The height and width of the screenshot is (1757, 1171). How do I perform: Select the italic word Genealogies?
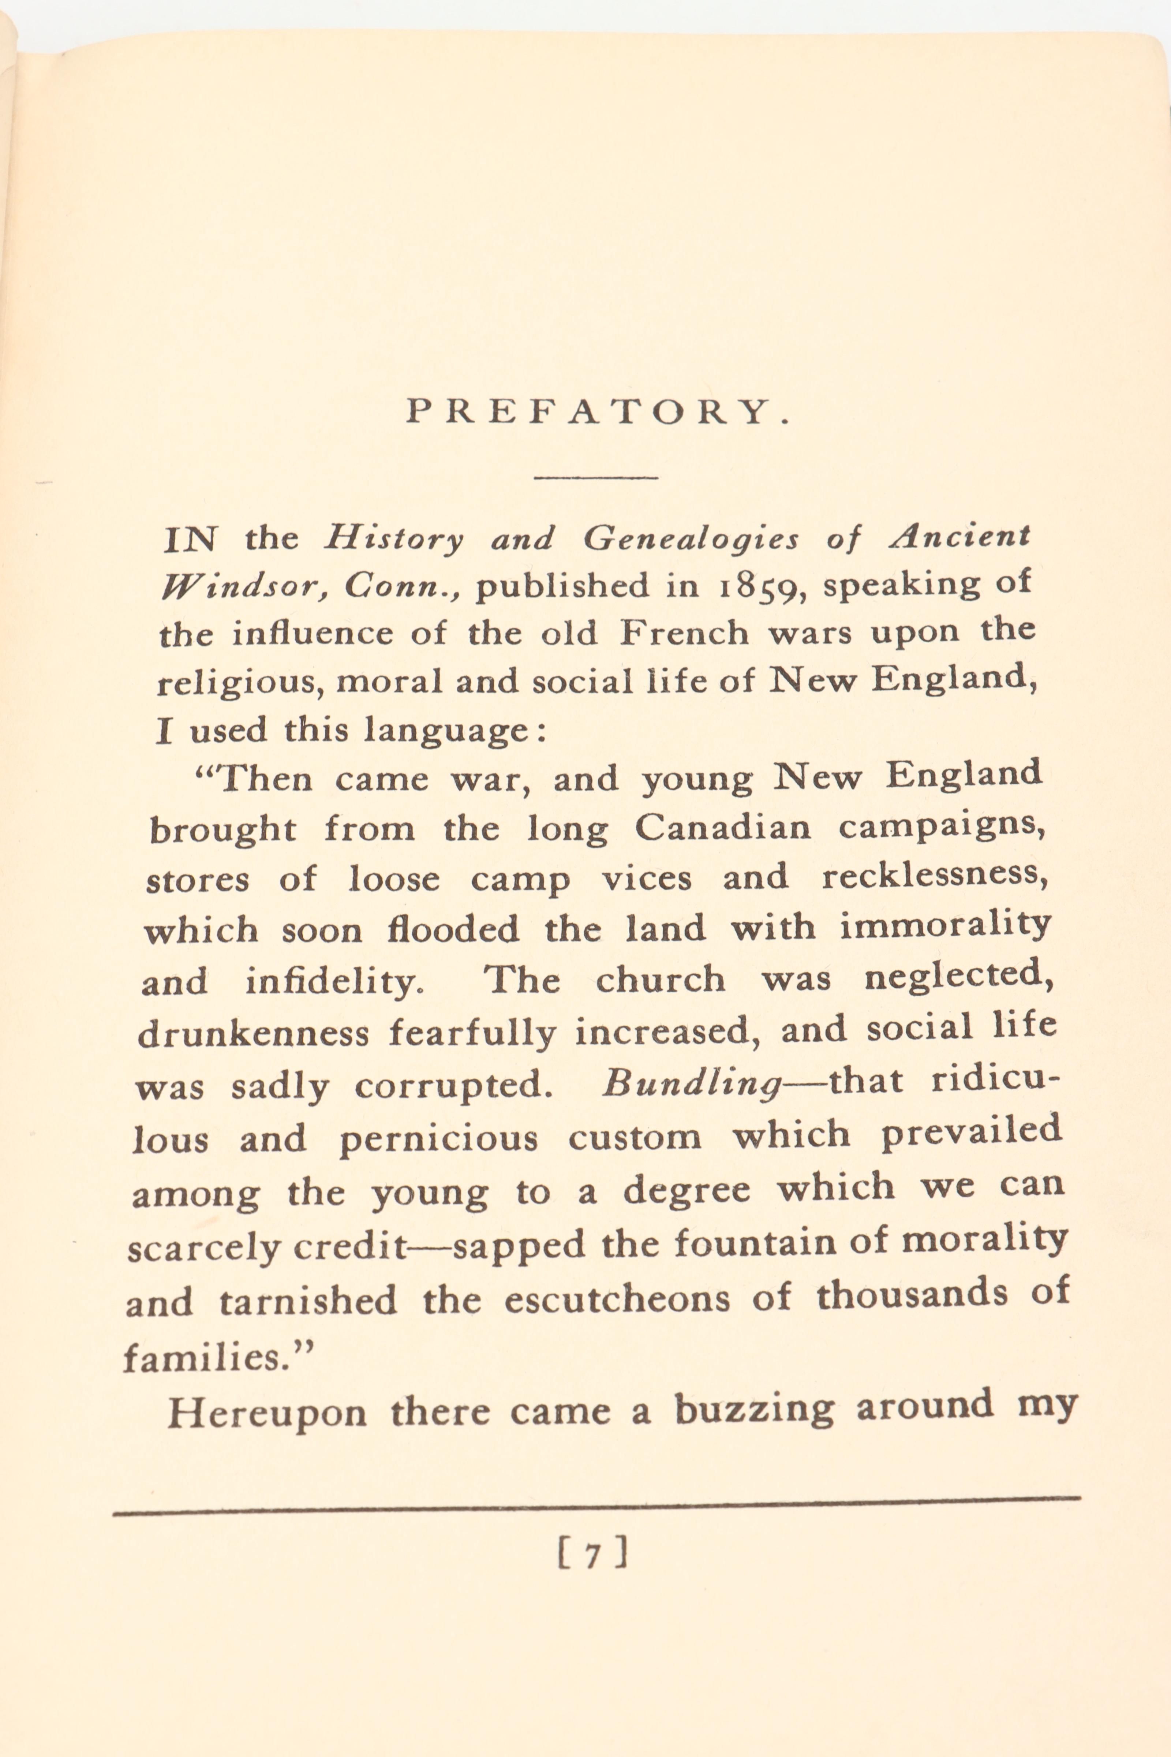coord(691,538)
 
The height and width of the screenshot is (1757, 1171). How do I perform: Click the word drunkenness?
coord(253,1035)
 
